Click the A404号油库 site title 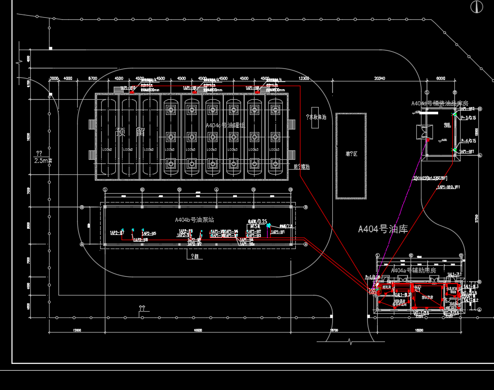[x=383, y=229]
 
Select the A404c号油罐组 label [x=225, y=125]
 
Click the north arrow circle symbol [x=476, y=7]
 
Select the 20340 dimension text [x=379, y=78]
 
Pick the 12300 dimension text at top [x=304, y=78]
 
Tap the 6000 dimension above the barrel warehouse [x=441, y=78]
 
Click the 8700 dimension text [x=93, y=78]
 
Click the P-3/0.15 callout [x=468, y=118]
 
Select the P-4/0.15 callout [x=468, y=141]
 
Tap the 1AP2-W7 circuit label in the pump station [x=116, y=232]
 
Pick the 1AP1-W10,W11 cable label [x=448, y=186]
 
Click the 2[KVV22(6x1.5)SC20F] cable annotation [x=430, y=179]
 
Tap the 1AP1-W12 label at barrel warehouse [x=467, y=109]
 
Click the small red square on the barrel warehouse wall [x=428, y=140]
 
